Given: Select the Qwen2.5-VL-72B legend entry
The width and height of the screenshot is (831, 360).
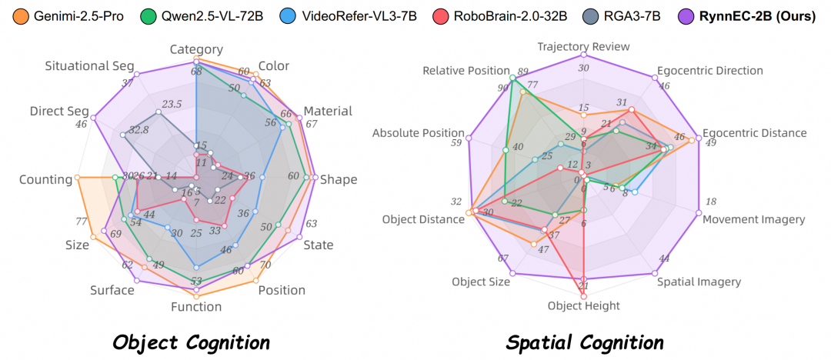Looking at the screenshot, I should click(195, 15).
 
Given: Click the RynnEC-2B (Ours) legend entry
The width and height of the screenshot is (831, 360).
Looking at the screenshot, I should click(754, 15).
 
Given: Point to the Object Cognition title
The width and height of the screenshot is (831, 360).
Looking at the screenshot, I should click(191, 342).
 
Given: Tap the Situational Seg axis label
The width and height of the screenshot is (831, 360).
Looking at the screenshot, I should click(89, 67).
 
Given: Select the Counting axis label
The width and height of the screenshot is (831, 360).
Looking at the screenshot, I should click(45, 179).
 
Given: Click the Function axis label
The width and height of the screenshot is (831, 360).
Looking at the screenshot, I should click(196, 307).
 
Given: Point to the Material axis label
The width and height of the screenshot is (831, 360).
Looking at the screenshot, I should click(328, 111).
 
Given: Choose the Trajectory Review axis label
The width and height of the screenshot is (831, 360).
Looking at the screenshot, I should click(583, 47).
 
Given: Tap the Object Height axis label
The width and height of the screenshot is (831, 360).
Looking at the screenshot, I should click(583, 305).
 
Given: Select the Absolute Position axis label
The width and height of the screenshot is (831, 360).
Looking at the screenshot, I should click(419, 133).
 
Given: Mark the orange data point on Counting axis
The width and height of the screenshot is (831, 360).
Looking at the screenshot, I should click(78, 178).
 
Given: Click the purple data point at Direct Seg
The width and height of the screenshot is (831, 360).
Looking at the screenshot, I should click(93, 118).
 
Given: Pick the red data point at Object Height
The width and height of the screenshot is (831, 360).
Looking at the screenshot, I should click(583, 295).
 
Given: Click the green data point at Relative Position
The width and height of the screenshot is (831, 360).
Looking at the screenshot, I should click(512, 78).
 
